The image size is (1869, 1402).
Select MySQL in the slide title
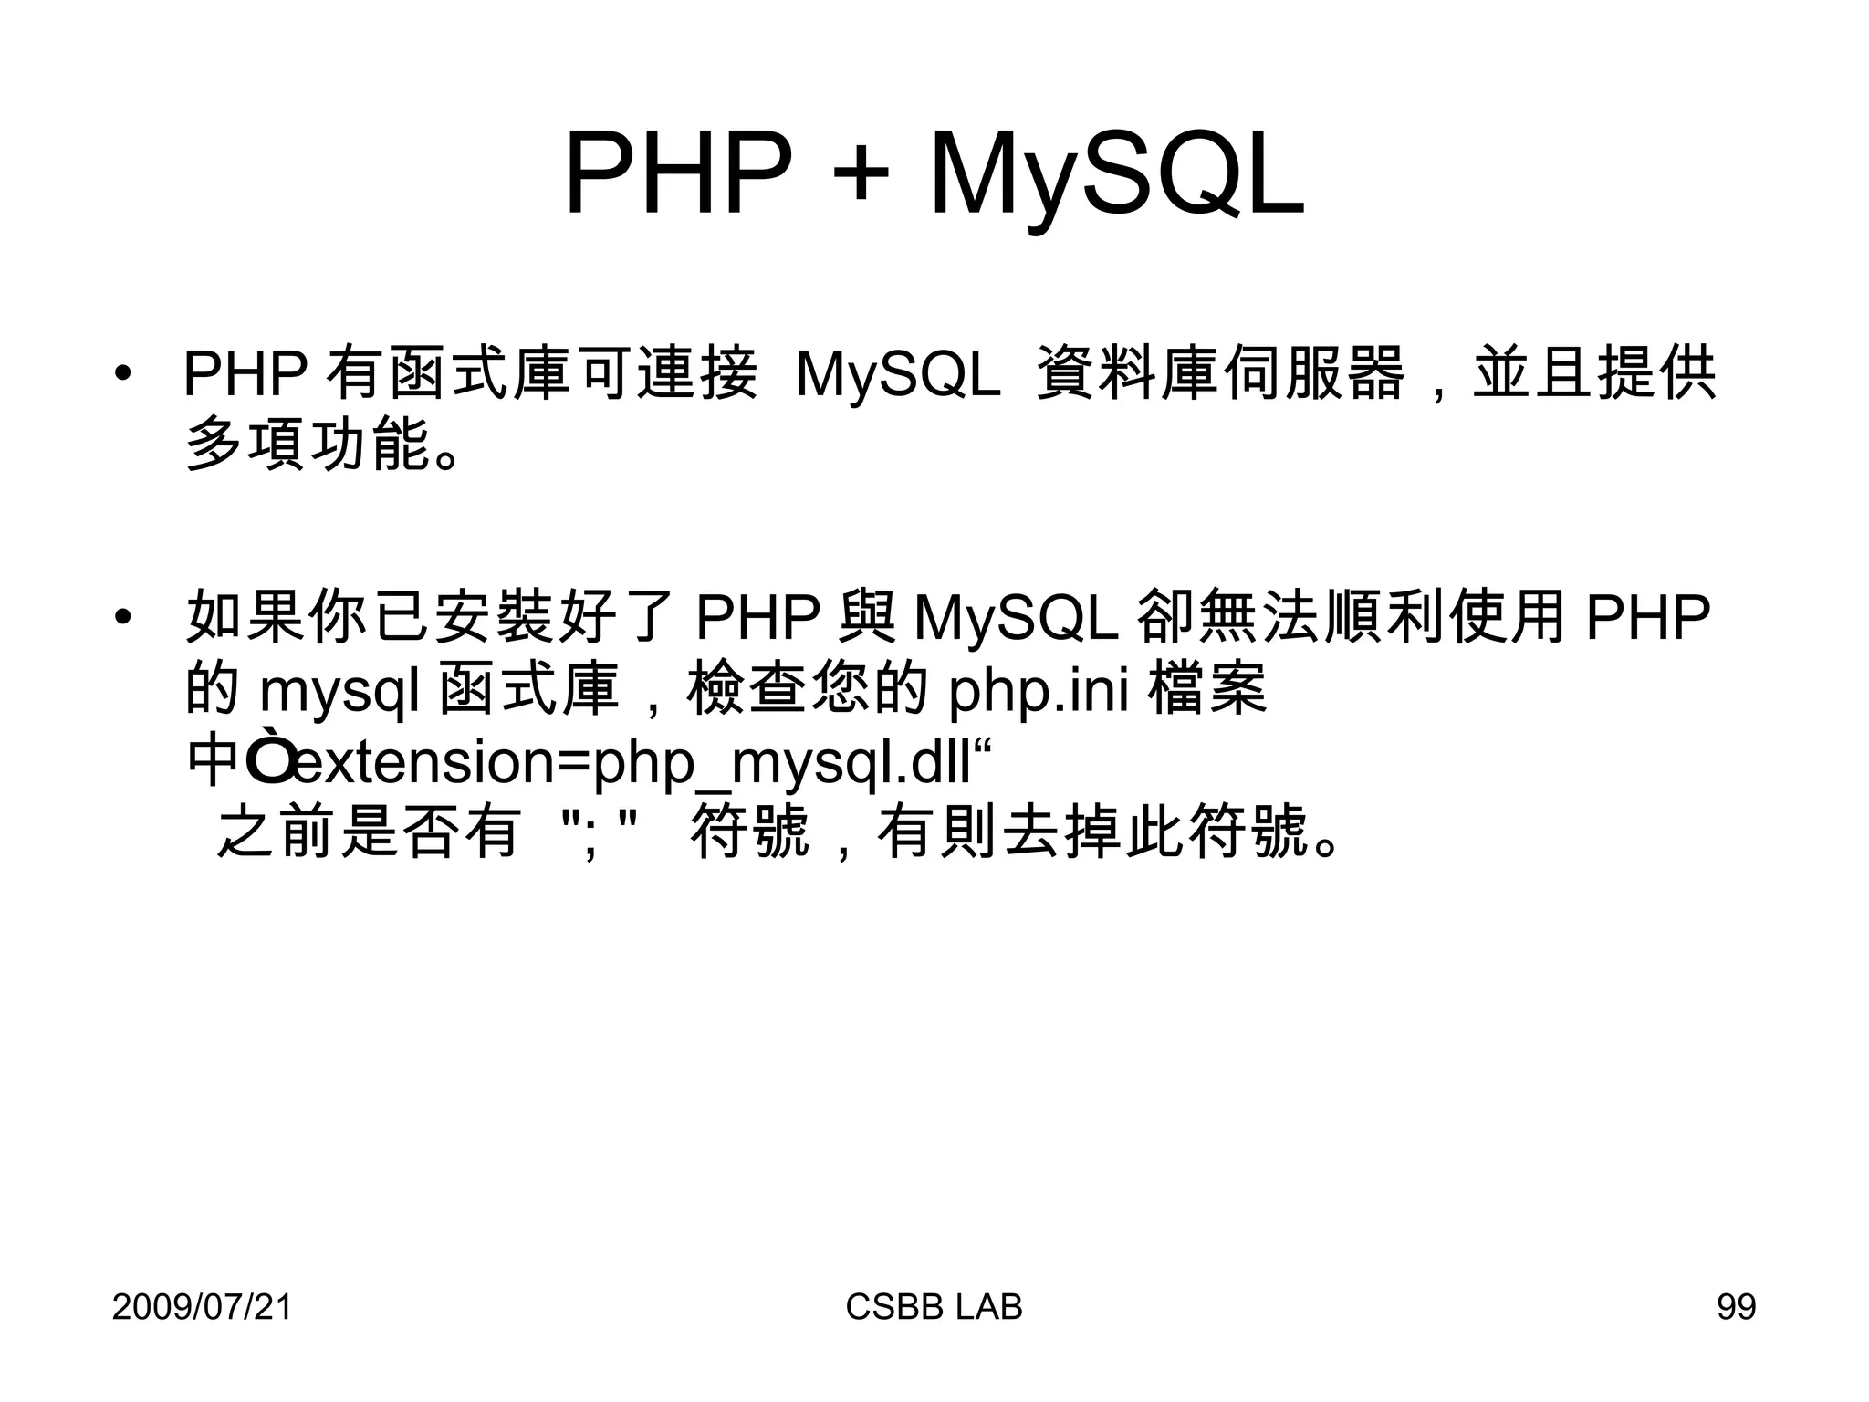pyautogui.click(x=1115, y=175)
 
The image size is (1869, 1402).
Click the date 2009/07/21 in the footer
pyautogui.click(x=202, y=1307)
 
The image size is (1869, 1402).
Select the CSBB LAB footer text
pyautogui.click(x=934, y=1307)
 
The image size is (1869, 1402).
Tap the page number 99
pyautogui.click(x=1736, y=1307)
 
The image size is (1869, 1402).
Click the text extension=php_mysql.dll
pyautogui.click(x=633, y=762)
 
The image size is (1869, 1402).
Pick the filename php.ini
pyautogui.click(x=1039, y=691)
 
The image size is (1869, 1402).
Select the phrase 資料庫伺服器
pyautogui.click(x=1220, y=374)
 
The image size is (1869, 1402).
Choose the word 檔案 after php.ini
pyautogui.click(x=1207, y=689)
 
